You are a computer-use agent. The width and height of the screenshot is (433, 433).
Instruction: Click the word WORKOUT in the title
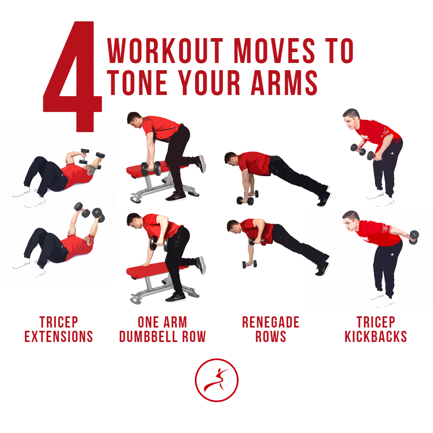pyautogui.click(x=165, y=51)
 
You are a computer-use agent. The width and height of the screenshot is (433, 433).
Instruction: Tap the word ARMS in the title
pyautogui.click(x=284, y=83)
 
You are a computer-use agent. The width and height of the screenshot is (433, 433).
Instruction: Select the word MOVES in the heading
pyautogui.click(x=274, y=51)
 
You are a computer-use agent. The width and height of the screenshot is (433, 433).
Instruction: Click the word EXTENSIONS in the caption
pyautogui.click(x=59, y=336)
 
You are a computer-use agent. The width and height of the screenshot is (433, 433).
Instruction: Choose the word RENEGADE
pyautogui.click(x=271, y=322)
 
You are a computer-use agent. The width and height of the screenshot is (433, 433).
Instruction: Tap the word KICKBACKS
pyautogui.click(x=376, y=336)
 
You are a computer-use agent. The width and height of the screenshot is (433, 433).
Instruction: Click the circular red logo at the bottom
pyautogui.click(x=216, y=380)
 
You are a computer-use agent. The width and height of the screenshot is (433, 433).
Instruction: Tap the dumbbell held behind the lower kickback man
pyautogui.click(x=414, y=237)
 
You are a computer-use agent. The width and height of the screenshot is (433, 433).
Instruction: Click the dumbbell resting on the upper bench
pyautogui.click(x=151, y=169)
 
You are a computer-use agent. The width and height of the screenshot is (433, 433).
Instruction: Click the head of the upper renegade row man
pyautogui.click(x=231, y=158)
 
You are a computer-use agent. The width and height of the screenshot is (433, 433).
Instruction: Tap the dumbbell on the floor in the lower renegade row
pyautogui.click(x=249, y=264)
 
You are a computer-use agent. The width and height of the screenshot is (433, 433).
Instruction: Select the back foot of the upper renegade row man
pyautogui.click(x=324, y=197)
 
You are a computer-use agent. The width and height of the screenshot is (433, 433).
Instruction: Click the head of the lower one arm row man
pyautogui.click(x=134, y=221)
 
